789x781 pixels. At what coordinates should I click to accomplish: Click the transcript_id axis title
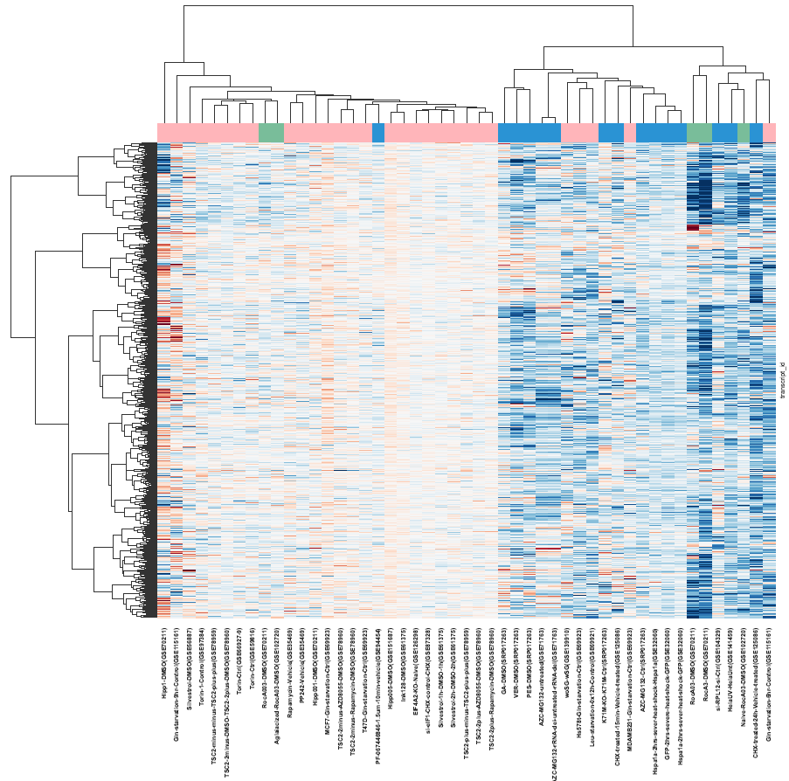[782, 380]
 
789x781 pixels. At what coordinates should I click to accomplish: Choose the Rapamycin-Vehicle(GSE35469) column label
[290, 667]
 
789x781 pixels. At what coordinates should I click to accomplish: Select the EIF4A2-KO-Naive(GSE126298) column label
[416, 666]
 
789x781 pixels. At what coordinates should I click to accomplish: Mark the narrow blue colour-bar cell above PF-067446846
[378, 133]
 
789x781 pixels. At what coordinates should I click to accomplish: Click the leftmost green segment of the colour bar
[272, 133]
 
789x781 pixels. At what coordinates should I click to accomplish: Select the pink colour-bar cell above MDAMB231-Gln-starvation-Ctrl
[630, 133]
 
